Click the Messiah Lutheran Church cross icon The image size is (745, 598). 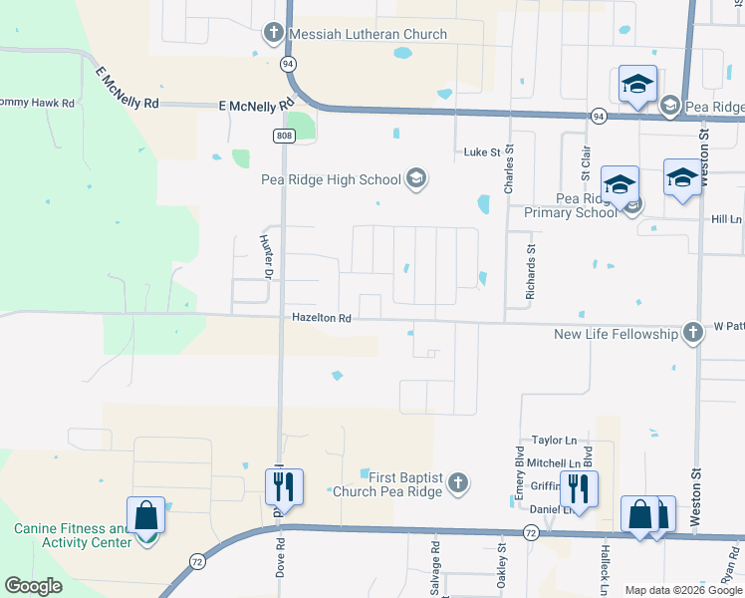click(274, 34)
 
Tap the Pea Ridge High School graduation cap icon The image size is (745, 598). click(416, 179)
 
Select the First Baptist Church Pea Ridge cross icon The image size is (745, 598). click(457, 483)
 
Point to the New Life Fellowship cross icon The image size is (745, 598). click(693, 333)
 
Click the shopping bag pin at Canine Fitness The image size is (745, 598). click(146, 517)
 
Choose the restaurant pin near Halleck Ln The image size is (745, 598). click(575, 488)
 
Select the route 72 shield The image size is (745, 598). click(531, 534)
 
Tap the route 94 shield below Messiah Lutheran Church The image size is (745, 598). click(288, 64)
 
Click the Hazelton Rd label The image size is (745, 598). click(322, 319)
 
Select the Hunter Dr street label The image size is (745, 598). click(265, 256)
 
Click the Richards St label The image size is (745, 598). click(531, 273)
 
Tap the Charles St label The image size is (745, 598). click(509, 169)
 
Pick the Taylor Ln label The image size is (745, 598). click(554, 440)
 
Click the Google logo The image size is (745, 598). click(33, 586)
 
